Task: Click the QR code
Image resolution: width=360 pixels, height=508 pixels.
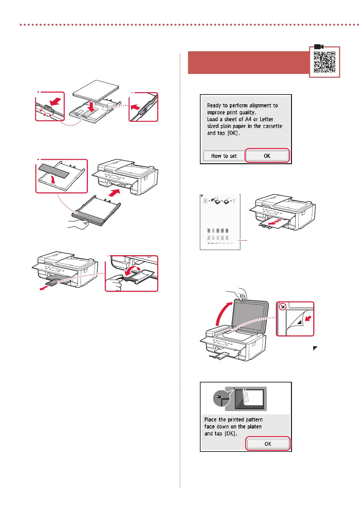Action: [324, 62]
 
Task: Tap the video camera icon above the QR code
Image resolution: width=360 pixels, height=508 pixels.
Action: [319, 47]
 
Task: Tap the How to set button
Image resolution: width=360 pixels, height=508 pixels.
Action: [224, 156]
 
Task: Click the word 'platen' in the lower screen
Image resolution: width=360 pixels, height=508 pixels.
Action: [254, 426]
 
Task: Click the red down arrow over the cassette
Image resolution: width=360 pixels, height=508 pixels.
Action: [91, 107]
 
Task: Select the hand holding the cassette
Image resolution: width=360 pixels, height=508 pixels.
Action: [78, 224]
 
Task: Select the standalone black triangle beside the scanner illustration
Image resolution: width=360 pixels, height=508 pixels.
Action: [315, 348]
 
